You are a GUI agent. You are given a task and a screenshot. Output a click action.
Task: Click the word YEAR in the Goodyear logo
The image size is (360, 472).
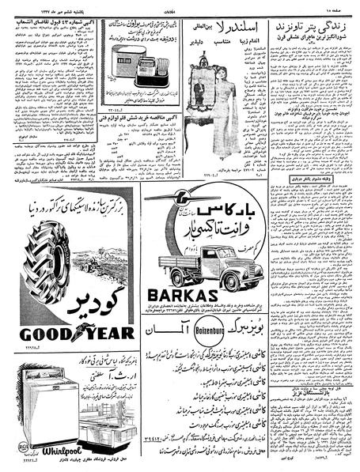[105, 334]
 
